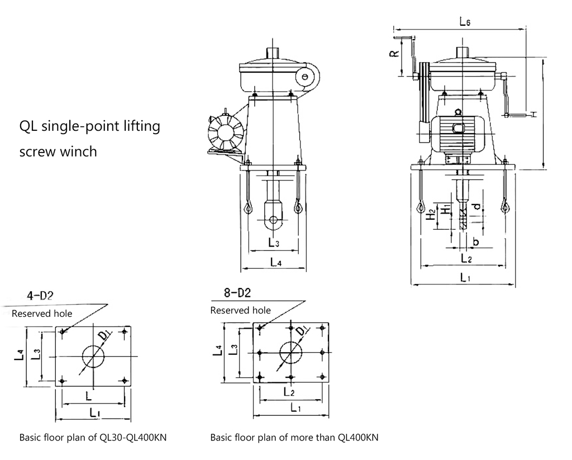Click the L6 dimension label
coord(465,22)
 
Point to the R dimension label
coord(394,54)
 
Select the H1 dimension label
coord(444,210)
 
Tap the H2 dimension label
coord(430,215)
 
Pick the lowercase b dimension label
coord(475,241)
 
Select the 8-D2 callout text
coord(237,293)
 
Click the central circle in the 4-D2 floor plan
coord(93,356)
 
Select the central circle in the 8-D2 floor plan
coord(290,353)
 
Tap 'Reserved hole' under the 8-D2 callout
coord(240,310)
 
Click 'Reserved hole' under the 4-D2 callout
coord(42,314)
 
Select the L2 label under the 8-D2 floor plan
coord(289,392)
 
